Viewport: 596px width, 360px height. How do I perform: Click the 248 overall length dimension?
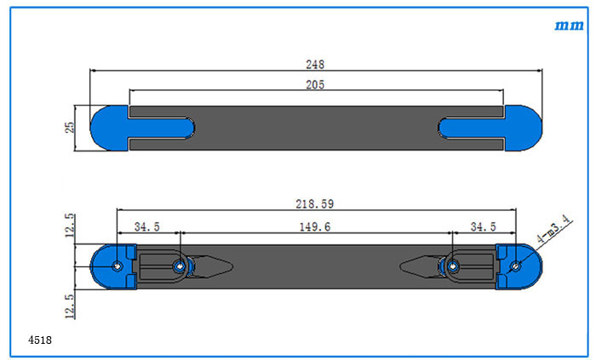click(316, 65)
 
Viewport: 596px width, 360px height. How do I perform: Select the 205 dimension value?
click(316, 84)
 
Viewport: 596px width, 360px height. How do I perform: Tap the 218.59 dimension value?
click(315, 204)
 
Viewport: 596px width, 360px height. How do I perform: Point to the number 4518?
click(40, 340)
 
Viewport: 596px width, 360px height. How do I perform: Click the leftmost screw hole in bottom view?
click(117, 266)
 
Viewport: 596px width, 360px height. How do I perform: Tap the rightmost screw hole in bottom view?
click(515, 266)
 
